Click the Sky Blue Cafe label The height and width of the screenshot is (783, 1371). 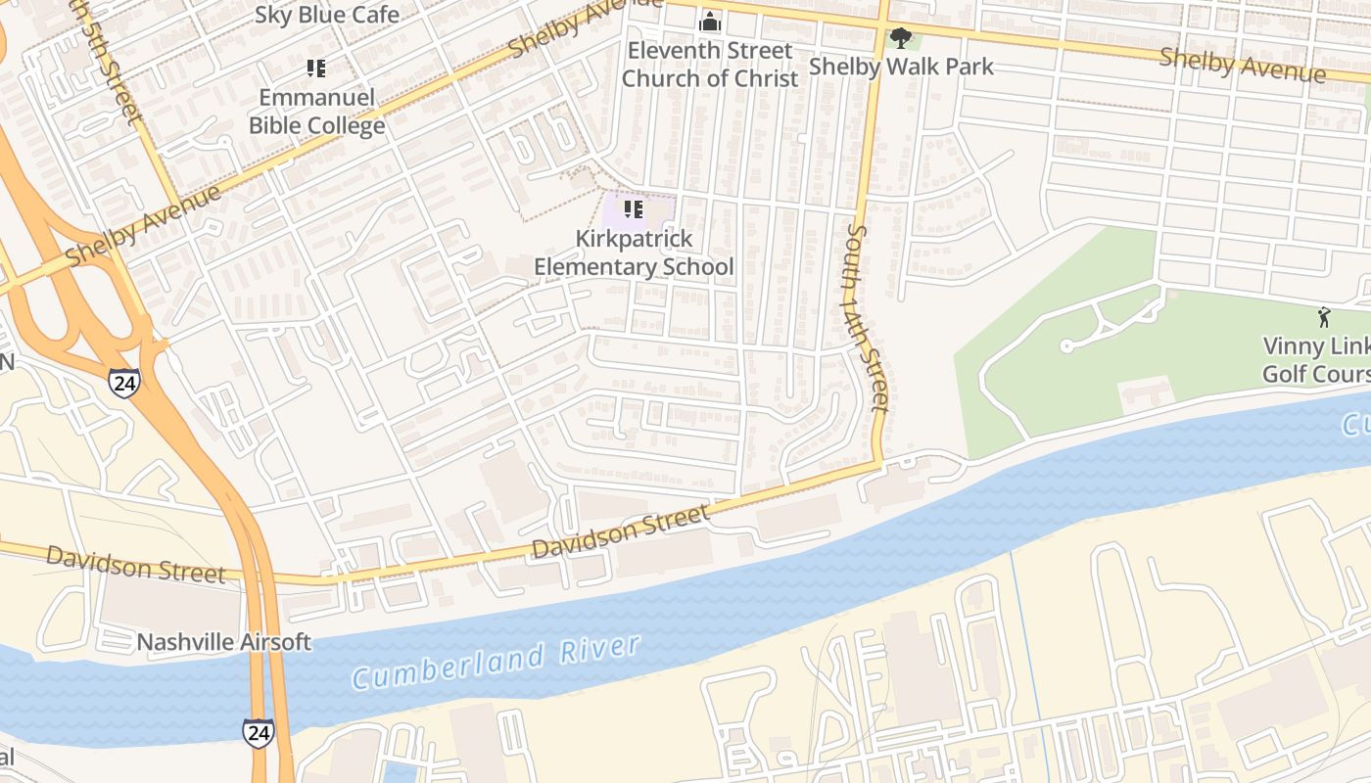pyautogui.click(x=327, y=15)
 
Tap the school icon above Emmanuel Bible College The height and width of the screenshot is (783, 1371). pyautogui.click(x=315, y=69)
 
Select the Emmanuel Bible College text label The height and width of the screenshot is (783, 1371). pyautogui.click(x=316, y=112)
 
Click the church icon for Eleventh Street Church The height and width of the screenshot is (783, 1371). pyautogui.click(x=710, y=22)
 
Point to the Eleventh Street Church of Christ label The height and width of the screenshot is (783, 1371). pyautogui.click(x=710, y=64)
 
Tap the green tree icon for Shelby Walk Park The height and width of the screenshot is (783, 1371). pyautogui.click(x=899, y=38)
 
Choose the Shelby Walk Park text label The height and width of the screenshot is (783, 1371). pyautogui.click(x=900, y=67)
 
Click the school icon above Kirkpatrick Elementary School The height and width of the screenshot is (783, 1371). pyautogui.click(x=634, y=209)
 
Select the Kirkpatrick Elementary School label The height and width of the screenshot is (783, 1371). pyautogui.click(x=633, y=253)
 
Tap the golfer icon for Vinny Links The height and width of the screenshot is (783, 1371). pyautogui.click(x=1325, y=317)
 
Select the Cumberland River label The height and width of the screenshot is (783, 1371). pyautogui.click(x=496, y=663)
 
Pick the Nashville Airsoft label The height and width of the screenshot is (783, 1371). pyautogui.click(x=223, y=642)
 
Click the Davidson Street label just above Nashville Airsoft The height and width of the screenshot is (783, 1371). pyautogui.click(x=135, y=564)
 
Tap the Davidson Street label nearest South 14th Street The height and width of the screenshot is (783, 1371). pyautogui.click(x=620, y=531)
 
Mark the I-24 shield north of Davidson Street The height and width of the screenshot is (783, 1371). pyautogui.click(x=123, y=383)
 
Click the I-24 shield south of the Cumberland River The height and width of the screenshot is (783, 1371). pyautogui.click(x=259, y=732)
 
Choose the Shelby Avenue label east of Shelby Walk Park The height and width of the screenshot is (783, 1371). pyautogui.click(x=1242, y=65)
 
